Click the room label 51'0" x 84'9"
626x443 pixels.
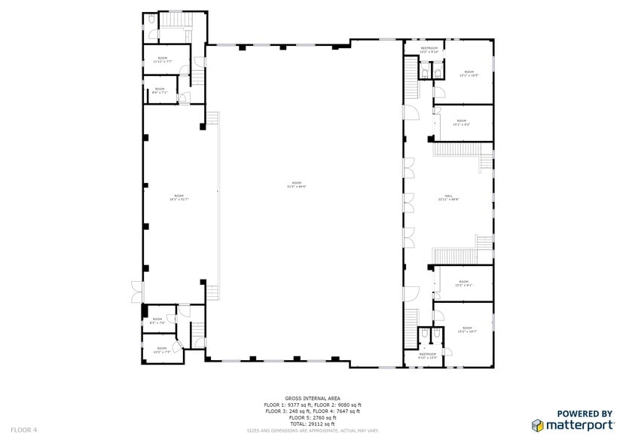click(x=299, y=185)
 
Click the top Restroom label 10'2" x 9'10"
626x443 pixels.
click(x=429, y=50)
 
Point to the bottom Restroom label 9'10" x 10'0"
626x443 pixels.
click(x=428, y=356)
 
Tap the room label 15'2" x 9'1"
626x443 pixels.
click(x=463, y=284)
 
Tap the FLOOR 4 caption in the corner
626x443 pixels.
click(x=24, y=429)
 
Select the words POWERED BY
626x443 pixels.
click(x=584, y=414)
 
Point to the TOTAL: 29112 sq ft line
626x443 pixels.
click(x=313, y=423)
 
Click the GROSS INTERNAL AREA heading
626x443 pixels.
click(x=313, y=398)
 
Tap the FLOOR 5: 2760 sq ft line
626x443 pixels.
click(x=313, y=417)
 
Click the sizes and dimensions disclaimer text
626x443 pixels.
click(x=313, y=431)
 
